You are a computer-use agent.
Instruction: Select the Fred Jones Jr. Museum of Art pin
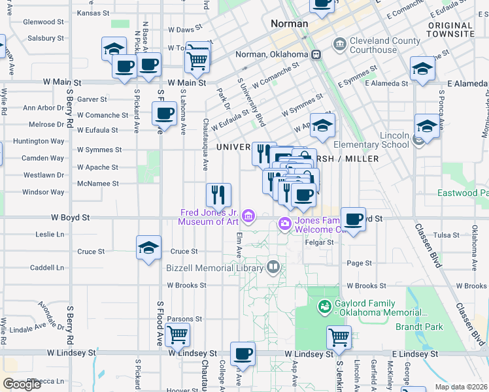[x=248, y=216]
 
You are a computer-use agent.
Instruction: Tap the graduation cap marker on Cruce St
[x=148, y=248]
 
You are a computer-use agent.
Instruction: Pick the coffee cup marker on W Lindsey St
[x=243, y=353]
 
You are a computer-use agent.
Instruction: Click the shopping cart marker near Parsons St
[x=177, y=335]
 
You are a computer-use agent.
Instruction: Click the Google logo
[x=22, y=384]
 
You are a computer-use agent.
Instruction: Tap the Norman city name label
[x=289, y=24]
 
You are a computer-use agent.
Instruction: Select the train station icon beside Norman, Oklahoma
[x=315, y=54]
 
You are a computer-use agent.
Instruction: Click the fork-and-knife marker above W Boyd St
[x=218, y=194]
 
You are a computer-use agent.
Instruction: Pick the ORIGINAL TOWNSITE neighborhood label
[x=450, y=29]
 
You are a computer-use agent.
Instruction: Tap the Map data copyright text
[x=460, y=387]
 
